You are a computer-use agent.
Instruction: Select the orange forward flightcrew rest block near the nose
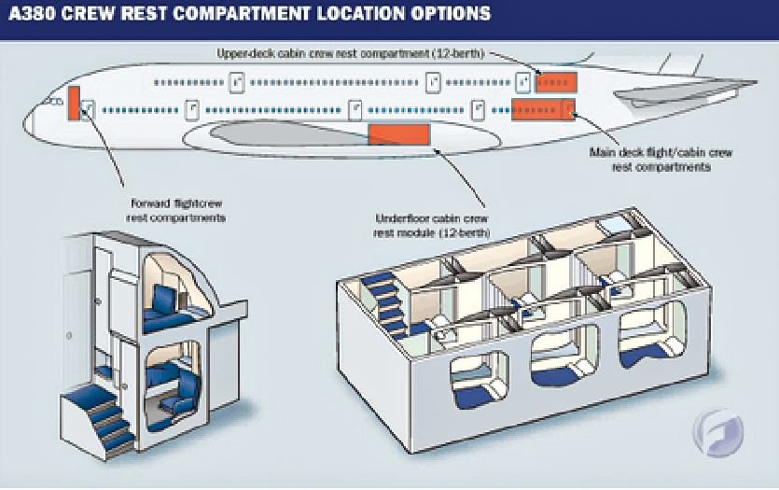(x=74, y=103)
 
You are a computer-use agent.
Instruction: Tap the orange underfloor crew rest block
(x=399, y=134)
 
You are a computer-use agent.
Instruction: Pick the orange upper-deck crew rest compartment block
(x=556, y=82)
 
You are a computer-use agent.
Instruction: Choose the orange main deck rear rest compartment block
(x=544, y=110)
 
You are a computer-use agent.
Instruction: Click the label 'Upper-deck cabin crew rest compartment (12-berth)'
(x=350, y=53)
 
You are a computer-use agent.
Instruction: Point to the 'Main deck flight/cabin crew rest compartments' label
(x=661, y=160)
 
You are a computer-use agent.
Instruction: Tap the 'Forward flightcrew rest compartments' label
(x=176, y=211)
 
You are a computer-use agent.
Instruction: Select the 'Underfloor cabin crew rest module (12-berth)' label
(x=432, y=226)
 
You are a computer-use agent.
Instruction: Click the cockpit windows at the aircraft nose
(x=54, y=102)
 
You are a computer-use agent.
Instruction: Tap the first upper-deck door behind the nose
(x=236, y=82)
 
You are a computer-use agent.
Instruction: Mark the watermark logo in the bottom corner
(x=718, y=432)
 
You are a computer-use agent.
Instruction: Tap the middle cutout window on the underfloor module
(x=564, y=356)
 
